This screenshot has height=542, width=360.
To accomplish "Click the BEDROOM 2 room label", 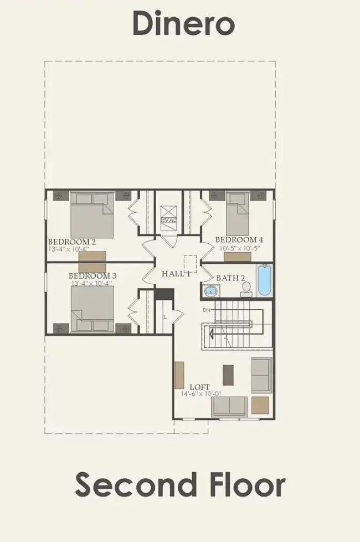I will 72,242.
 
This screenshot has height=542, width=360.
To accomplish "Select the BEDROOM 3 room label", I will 92,275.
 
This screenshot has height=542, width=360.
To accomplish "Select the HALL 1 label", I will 176,274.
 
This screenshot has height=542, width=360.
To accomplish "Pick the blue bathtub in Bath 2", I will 264,281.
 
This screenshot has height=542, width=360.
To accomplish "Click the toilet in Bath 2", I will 246,287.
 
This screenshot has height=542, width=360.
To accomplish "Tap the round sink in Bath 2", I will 210,290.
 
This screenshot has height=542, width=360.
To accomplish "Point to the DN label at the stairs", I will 206,310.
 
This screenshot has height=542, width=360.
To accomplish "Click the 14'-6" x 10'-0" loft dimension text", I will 205,394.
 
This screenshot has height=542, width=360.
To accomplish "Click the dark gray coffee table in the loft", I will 228,374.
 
